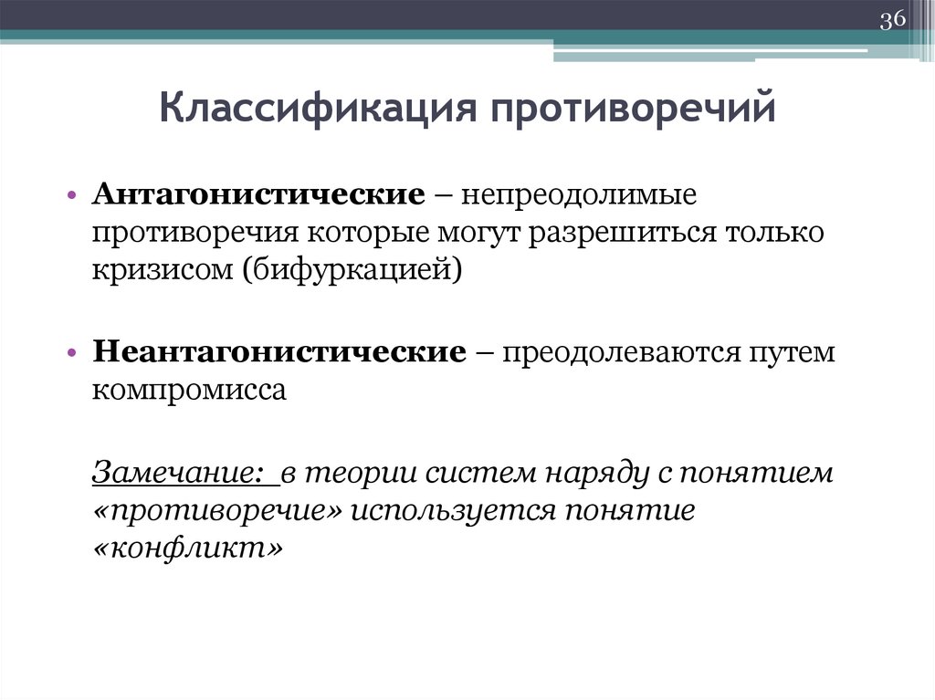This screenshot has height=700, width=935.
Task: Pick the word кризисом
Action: pyautogui.click(x=159, y=271)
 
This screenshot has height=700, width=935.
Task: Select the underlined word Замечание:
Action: pyautogui.click(x=179, y=474)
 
